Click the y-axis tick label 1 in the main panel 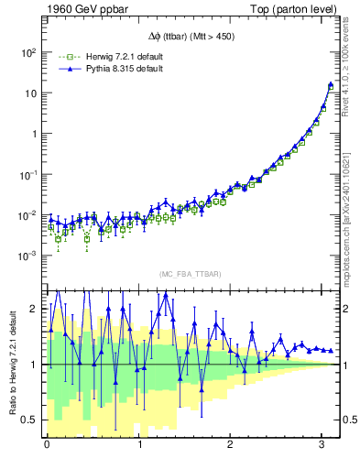(x=32, y=134)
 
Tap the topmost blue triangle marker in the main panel (x=330, y=85)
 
